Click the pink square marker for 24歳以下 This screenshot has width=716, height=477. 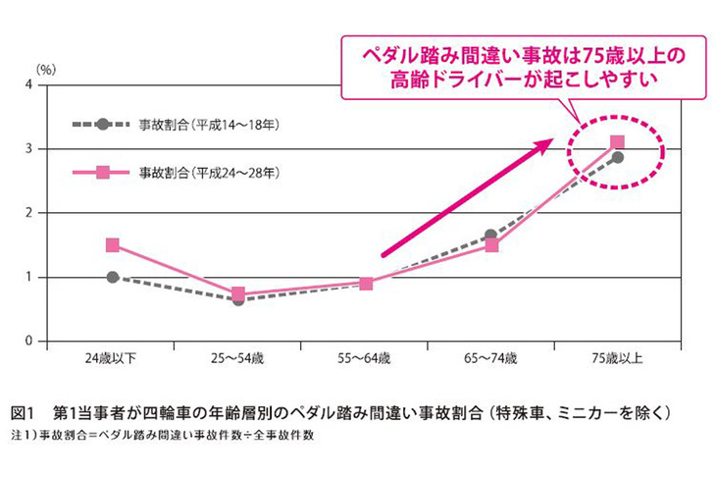tap(113, 245)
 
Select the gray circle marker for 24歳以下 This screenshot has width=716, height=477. tap(113, 278)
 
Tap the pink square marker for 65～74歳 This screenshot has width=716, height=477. tap(491, 245)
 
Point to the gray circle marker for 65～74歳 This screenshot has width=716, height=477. tap(491, 236)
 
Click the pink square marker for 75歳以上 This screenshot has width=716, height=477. tap(618, 142)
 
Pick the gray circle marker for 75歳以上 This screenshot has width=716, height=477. tap(618, 157)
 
